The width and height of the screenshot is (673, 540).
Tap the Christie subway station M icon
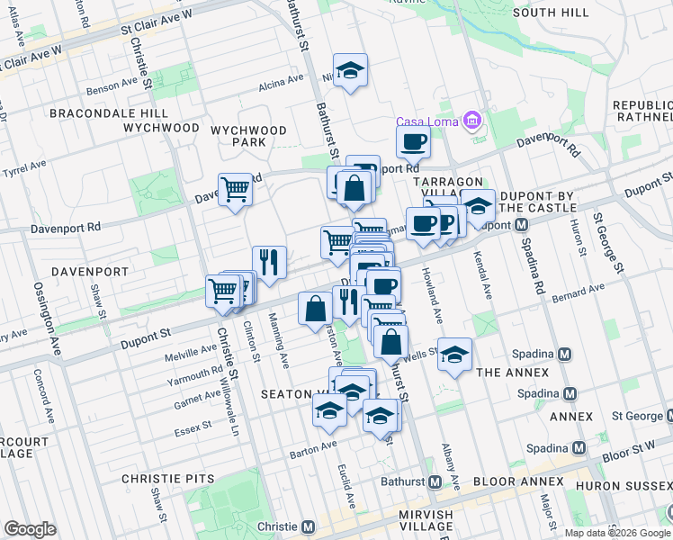[x=308, y=526]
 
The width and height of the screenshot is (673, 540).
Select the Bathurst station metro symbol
[x=435, y=481]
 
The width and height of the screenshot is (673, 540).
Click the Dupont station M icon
[x=521, y=225]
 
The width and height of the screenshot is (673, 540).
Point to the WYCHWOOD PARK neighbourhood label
[x=249, y=136]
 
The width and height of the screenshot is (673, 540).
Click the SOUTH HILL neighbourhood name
[x=551, y=13]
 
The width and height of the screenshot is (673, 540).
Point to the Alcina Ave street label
[x=281, y=82]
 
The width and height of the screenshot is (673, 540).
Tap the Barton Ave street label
[x=313, y=443]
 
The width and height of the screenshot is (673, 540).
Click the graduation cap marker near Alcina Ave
[x=350, y=71]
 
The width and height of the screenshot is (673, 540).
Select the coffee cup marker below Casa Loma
[x=413, y=140]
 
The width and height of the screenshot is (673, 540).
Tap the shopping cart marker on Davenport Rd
[x=235, y=190]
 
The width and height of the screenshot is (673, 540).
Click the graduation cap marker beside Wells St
[x=455, y=354]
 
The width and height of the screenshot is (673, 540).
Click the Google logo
[x=30, y=529]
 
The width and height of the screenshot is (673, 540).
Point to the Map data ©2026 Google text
[x=617, y=533]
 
